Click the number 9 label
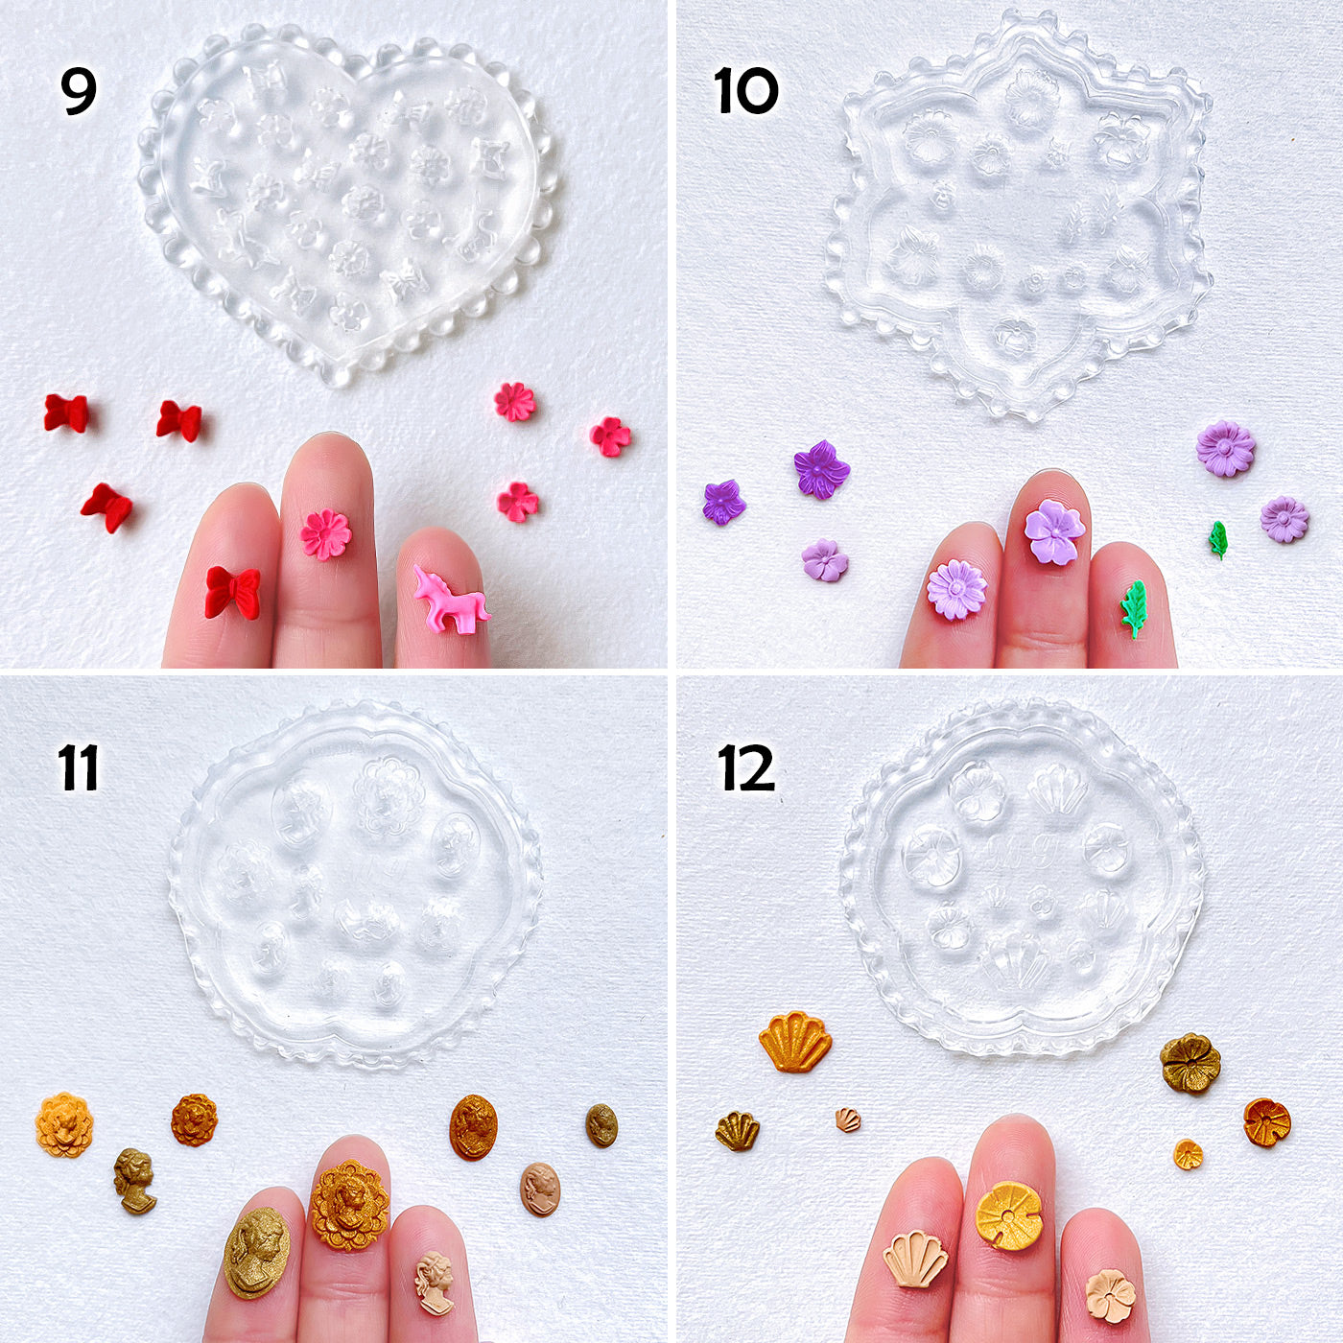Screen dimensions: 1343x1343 click(79, 91)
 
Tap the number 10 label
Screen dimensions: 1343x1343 click(745, 92)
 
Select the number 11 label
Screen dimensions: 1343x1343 click(78, 768)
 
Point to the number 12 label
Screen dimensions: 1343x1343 click(745, 768)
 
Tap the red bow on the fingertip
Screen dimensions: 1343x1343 click(232, 592)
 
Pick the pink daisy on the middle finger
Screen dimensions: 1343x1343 click(326, 534)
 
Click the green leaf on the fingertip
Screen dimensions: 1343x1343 click(1135, 608)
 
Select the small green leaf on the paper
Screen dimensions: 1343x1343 click(1217, 539)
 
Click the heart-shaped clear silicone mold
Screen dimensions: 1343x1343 click(345, 201)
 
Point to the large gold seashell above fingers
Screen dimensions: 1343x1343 click(795, 1042)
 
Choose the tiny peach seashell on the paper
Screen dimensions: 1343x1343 click(847, 1119)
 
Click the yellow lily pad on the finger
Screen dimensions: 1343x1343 click(1008, 1215)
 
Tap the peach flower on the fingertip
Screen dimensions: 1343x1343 click(1111, 1296)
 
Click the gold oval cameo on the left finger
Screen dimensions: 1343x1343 click(256, 1252)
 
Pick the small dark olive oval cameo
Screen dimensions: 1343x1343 click(601, 1125)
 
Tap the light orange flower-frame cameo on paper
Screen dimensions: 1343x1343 click(64, 1124)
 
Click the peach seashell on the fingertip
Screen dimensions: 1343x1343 click(915, 1259)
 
